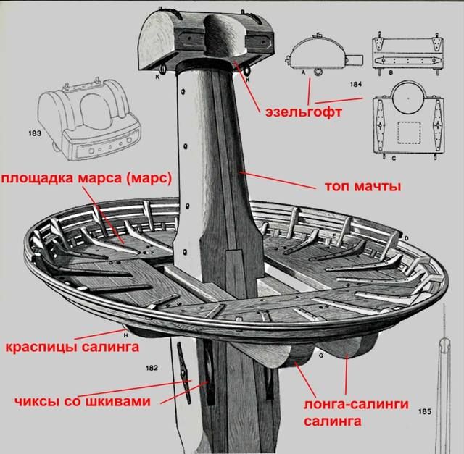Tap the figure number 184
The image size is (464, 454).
pos(355,85)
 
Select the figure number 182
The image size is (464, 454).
pos(152,369)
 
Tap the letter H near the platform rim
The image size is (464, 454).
pos(125,335)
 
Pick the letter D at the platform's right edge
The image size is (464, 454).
pos(407,238)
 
